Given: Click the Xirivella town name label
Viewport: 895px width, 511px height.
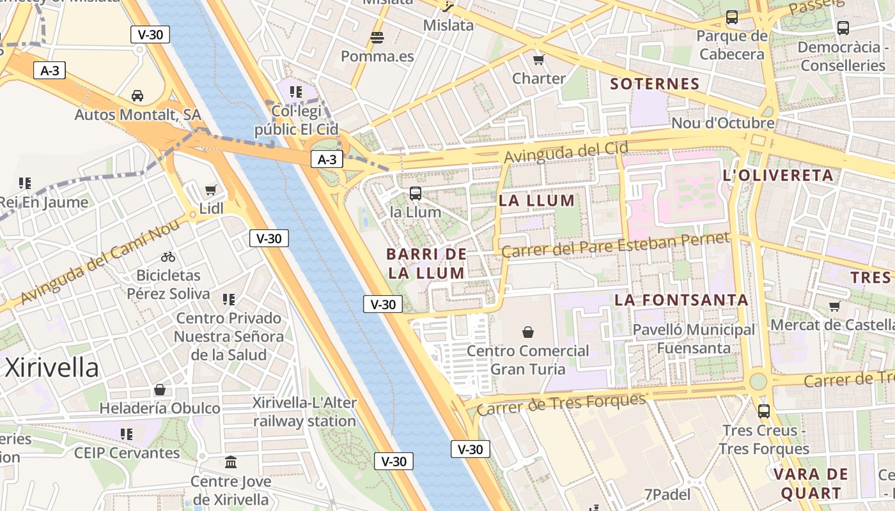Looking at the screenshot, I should tap(52, 368).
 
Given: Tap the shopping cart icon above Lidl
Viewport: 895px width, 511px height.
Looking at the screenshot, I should tap(211, 190).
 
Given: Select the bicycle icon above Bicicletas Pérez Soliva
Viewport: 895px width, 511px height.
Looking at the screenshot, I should tap(168, 257).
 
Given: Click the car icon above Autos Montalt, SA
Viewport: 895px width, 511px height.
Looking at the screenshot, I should tap(137, 96).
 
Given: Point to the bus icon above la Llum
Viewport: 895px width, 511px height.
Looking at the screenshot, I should tap(416, 193).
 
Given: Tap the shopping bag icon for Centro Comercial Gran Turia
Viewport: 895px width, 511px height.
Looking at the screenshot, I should tap(528, 332).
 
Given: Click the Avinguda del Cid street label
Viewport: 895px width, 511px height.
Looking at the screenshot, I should tap(566, 152).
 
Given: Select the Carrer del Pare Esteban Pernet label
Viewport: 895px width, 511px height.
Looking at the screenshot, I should tap(615, 245).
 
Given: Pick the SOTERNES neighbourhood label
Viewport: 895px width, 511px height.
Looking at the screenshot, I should tap(655, 84).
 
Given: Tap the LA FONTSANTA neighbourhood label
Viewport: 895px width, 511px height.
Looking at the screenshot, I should tap(681, 300).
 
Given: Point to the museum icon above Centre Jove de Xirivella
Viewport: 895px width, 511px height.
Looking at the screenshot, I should tap(231, 462).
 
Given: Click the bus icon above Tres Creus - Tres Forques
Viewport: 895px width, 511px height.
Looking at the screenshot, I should tap(764, 411).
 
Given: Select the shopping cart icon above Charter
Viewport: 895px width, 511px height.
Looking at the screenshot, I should tap(539, 59).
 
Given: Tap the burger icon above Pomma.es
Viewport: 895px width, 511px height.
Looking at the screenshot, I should tap(377, 37).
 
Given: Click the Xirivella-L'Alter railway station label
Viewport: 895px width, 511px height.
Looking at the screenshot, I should tap(305, 412).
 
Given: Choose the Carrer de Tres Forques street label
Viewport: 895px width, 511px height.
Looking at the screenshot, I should tap(562, 404).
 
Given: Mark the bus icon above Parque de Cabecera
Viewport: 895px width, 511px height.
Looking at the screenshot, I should tap(732, 17).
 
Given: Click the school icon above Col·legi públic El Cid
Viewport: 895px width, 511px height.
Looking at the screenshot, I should tap(295, 92).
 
